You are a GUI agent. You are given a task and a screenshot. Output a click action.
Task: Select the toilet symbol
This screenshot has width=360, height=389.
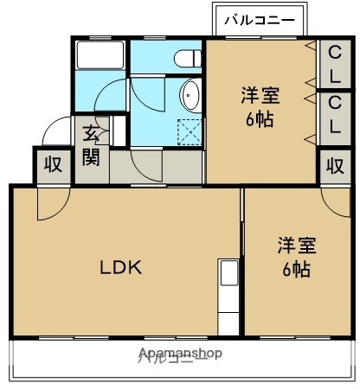pos(185,57)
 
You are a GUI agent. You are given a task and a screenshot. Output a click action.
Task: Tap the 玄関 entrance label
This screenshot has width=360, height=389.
pos(91,145)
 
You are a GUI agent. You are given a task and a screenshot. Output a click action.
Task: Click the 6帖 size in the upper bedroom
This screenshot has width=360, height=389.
pos(259,120)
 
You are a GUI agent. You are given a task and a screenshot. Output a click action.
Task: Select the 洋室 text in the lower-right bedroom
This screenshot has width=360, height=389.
pos(296,245)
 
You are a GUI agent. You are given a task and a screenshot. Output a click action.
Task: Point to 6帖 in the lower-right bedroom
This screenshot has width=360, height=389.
pos(296,269)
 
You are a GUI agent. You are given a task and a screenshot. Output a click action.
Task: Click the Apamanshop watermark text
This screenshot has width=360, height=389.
pos(179,354)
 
